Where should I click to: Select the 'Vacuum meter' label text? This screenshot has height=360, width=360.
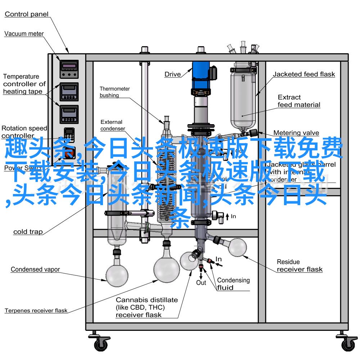(24, 34)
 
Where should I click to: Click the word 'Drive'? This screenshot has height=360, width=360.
(173, 75)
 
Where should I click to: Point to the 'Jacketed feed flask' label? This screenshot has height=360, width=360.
(303, 75)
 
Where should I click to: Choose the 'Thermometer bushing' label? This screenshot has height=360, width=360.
(114, 92)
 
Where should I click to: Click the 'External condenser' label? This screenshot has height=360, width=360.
(112, 125)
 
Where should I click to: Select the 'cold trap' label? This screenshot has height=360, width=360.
(28, 232)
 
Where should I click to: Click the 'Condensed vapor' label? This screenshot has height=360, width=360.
(35, 269)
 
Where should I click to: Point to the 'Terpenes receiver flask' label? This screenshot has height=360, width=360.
(36, 310)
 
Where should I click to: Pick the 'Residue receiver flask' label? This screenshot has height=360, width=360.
(299, 266)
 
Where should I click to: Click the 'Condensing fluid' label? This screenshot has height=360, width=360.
(233, 284)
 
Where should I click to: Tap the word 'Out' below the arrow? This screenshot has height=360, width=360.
(201, 283)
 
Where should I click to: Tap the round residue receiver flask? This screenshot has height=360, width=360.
(236, 247)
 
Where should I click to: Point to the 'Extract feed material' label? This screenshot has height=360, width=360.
(299, 101)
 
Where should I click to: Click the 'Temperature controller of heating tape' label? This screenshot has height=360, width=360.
(24, 84)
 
